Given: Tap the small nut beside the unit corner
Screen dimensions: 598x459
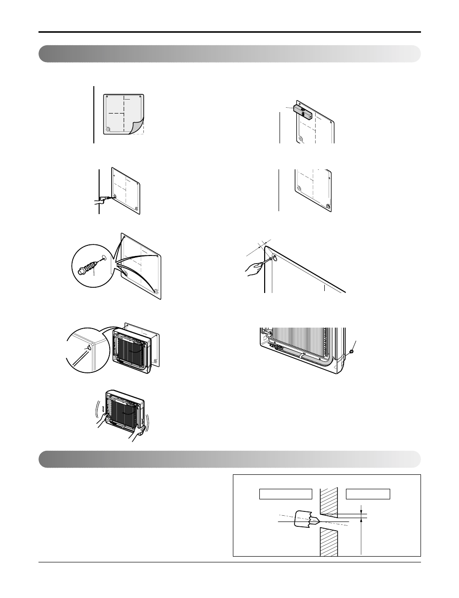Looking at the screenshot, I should [x=352, y=352].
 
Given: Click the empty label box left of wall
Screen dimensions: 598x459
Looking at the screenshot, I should [x=286, y=494].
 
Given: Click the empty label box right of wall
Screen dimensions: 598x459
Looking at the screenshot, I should [x=368, y=494].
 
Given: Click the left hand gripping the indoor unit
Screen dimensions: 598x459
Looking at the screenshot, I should [x=102, y=421].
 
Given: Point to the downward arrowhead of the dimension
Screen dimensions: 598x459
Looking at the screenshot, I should [x=361, y=513].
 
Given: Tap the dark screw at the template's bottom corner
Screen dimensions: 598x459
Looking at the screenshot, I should [x=329, y=206].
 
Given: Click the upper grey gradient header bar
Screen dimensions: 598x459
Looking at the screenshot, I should [x=229, y=54].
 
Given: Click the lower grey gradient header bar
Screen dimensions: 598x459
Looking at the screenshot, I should [x=229, y=459].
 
